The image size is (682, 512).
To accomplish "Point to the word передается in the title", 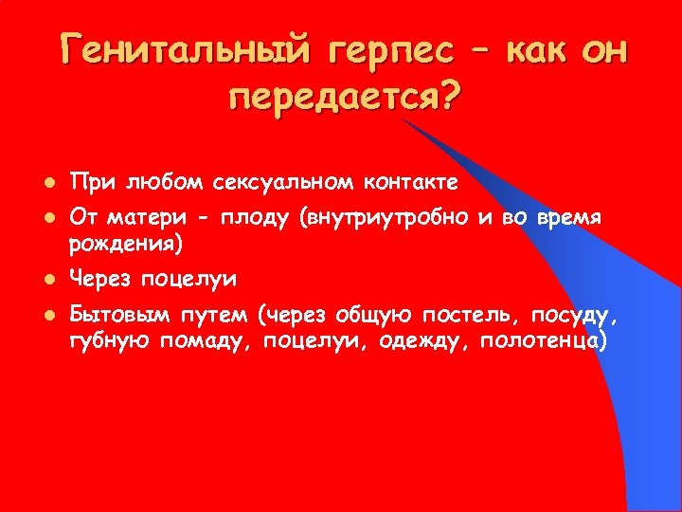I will (x=331, y=98).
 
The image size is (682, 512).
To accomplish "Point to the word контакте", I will (x=405, y=181).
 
